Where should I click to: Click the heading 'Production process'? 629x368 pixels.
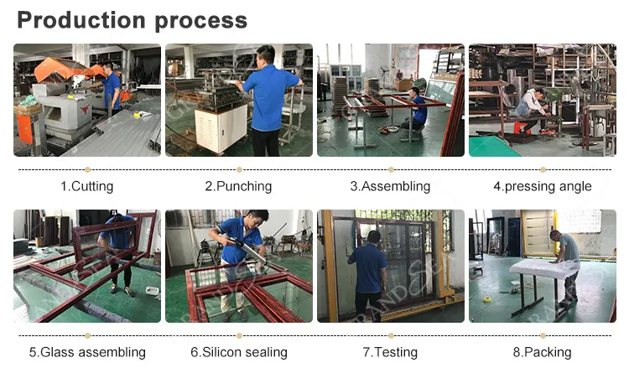click(133, 20)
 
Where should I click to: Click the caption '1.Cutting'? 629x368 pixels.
click(86, 186)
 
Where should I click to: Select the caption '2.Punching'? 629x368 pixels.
click(238, 186)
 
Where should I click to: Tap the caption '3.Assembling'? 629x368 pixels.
click(390, 186)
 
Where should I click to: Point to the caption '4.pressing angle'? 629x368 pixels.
click(542, 186)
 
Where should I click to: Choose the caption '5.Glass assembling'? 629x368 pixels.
click(86, 352)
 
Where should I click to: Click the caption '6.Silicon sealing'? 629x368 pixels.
click(238, 352)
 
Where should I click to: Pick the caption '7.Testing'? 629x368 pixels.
click(390, 352)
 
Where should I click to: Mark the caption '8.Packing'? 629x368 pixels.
click(542, 352)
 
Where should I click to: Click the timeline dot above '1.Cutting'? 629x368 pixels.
click(87, 170)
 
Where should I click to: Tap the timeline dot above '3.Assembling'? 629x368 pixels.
click(391, 170)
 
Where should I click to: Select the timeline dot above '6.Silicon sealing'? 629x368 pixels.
click(239, 336)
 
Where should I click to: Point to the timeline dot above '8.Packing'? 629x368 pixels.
click(543, 336)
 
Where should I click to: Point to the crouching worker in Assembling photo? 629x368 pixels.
click(417, 109)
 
